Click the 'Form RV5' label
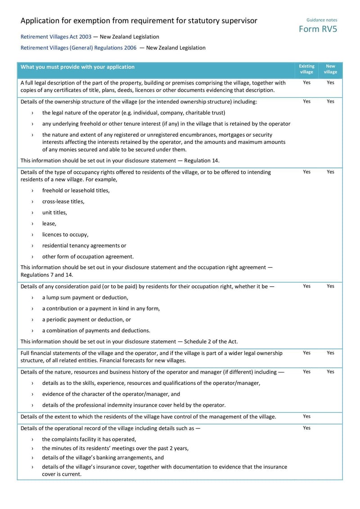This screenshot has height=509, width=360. pyautogui.click(x=318, y=29)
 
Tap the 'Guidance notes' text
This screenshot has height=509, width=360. pyautogui.click(x=321, y=20)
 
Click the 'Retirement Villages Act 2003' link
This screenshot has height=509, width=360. pyautogui.click(x=56, y=37)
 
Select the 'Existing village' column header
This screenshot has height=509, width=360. pyautogui.click(x=306, y=69)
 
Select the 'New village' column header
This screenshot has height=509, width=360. pyautogui.click(x=330, y=69)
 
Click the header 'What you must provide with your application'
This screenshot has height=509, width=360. pyautogui.click(x=77, y=67)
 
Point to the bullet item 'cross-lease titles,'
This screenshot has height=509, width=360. pyautogui.click(x=63, y=202)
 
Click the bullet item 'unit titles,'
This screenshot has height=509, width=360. pyautogui.click(x=54, y=212)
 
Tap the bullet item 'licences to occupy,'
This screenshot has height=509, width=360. pyautogui.click(x=65, y=234)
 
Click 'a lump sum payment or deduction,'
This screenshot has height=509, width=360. pyautogui.click(x=85, y=297)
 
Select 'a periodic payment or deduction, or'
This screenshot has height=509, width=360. pyautogui.click(x=86, y=320)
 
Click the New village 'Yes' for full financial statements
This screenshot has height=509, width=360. pyautogui.click(x=330, y=353)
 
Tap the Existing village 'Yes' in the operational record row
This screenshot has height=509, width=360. pyautogui.click(x=306, y=428)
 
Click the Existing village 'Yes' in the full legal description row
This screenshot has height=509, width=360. pyautogui.click(x=306, y=83)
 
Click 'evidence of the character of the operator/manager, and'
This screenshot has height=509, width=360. pyautogui.click(x=111, y=394)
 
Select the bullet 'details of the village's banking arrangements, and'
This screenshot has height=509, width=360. pyautogui.click(x=103, y=458)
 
